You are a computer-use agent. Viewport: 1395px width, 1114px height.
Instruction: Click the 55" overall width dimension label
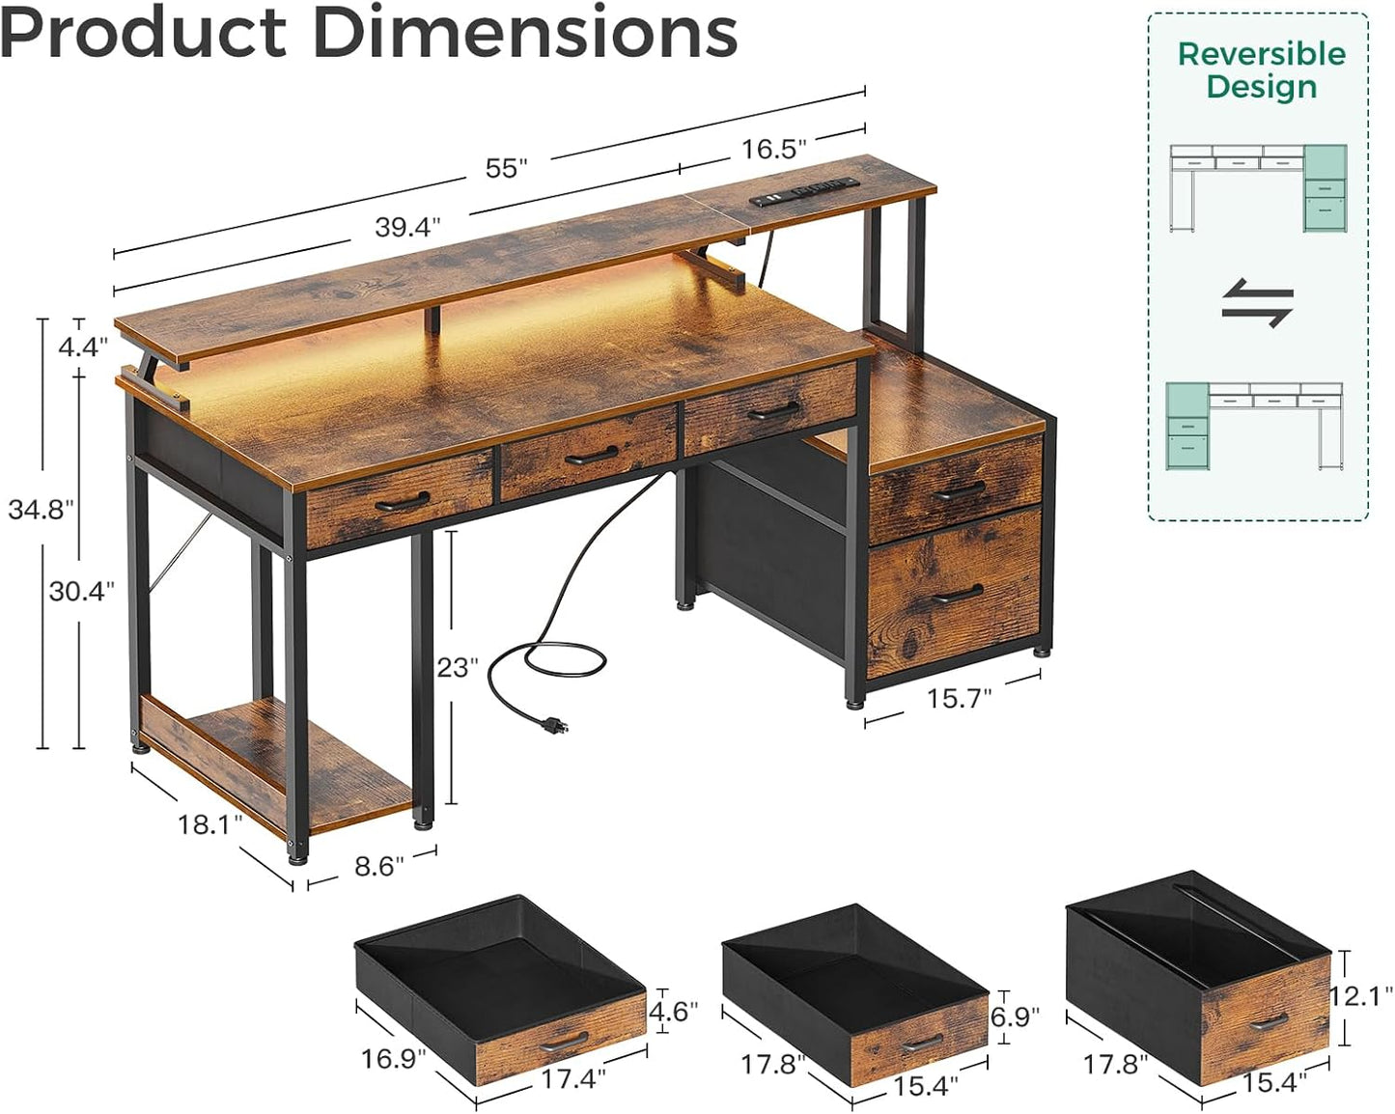pos(506,168)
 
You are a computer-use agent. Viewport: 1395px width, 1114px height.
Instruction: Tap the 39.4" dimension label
pos(407,227)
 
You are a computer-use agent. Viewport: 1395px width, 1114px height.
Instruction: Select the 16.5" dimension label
pos(773,149)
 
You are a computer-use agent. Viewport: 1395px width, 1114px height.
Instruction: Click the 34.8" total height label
pos(41,509)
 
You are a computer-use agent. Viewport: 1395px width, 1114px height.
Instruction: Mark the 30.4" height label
pos(82,591)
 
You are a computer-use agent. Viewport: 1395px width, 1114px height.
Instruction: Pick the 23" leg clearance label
pos(458,667)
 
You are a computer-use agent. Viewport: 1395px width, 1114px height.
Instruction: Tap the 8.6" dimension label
pos(379,866)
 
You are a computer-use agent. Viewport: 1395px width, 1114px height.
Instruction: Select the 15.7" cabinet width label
pos(959,698)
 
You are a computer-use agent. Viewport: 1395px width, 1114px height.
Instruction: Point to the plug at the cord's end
pos(553,725)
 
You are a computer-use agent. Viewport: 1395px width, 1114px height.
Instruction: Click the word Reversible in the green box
pos(1261,54)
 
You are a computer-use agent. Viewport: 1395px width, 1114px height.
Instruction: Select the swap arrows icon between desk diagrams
pos(1257,302)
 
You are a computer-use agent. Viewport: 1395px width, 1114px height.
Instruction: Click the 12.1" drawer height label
pos(1361,995)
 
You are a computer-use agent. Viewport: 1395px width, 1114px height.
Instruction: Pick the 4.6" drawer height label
pos(673,1011)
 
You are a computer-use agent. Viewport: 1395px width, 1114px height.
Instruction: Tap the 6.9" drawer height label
pos(1015,1016)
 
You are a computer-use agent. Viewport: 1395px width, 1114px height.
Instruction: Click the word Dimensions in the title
pos(525,32)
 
